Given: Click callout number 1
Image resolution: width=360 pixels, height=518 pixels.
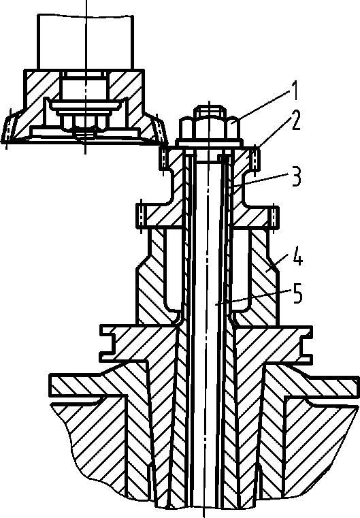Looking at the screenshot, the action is click(294, 91).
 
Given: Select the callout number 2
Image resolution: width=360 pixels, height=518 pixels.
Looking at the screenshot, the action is click(294, 121).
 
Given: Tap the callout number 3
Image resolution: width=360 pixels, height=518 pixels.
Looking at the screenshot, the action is click(295, 176).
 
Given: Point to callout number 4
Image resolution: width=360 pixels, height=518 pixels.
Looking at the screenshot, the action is click(297, 259).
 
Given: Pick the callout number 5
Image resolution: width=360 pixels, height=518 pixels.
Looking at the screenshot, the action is click(297, 294).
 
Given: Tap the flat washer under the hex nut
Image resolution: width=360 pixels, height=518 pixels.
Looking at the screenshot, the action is click(208, 144).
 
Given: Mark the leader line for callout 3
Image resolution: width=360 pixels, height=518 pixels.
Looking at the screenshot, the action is click(260, 182).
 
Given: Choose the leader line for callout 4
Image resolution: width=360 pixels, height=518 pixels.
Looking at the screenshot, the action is click(280, 263).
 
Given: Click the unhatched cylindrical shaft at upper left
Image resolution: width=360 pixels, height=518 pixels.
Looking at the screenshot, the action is click(86, 42).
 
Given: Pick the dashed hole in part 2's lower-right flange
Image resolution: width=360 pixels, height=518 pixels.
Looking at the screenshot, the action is click(274, 216).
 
